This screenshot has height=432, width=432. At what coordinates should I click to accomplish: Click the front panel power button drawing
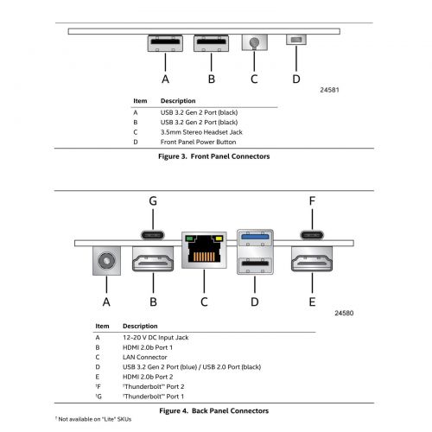point(296,40)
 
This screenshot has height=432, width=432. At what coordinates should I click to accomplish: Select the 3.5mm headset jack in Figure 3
point(255,42)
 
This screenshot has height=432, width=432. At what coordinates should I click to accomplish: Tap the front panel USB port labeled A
point(165,43)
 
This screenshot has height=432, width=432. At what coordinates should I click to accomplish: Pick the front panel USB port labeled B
point(211,43)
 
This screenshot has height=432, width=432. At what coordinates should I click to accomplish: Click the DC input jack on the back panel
point(106,261)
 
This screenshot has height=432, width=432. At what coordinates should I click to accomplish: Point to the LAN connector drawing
point(204,250)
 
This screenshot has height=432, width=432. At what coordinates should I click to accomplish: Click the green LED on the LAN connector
point(189,238)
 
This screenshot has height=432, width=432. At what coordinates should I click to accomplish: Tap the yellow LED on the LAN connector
point(219,238)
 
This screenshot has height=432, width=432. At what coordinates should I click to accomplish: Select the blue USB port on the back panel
point(255,237)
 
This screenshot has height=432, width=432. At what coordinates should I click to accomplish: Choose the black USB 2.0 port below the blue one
point(255,263)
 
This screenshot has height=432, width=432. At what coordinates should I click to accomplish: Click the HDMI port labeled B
point(153,259)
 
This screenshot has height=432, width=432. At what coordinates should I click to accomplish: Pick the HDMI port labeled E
point(312,259)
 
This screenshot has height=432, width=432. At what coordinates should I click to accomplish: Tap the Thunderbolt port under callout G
point(153,235)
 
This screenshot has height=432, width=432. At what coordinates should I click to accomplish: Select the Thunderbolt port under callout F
point(312,235)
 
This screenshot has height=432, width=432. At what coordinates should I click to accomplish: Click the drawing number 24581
point(329,90)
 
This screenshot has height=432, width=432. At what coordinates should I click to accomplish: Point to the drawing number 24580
point(344,313)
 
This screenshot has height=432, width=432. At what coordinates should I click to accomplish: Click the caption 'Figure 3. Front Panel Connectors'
point(214,156)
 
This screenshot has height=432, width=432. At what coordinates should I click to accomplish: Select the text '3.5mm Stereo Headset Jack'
point(201,132)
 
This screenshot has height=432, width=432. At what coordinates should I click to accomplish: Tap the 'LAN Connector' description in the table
point(145,357)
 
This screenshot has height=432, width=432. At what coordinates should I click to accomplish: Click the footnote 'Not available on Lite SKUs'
point(93,419)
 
